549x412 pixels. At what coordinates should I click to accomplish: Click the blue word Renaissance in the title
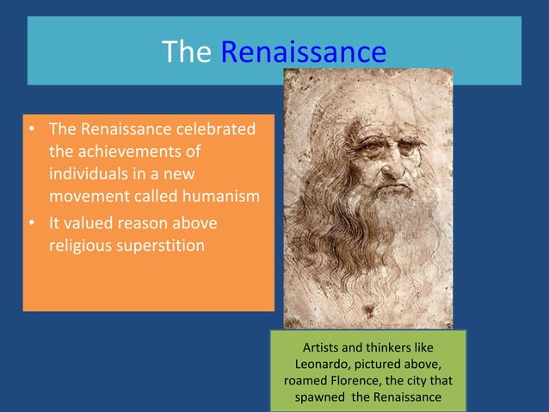303,53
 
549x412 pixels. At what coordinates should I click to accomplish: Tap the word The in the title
186,53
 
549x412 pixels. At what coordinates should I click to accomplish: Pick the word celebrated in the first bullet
215,130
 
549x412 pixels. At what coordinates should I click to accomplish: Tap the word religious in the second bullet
77,245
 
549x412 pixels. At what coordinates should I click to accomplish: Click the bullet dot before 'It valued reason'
30,223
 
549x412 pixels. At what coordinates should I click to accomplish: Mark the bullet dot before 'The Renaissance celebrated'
30,130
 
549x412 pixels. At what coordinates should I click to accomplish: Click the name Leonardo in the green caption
325,365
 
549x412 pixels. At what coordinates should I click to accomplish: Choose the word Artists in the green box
322,348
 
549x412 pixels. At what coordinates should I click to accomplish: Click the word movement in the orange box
84,196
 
